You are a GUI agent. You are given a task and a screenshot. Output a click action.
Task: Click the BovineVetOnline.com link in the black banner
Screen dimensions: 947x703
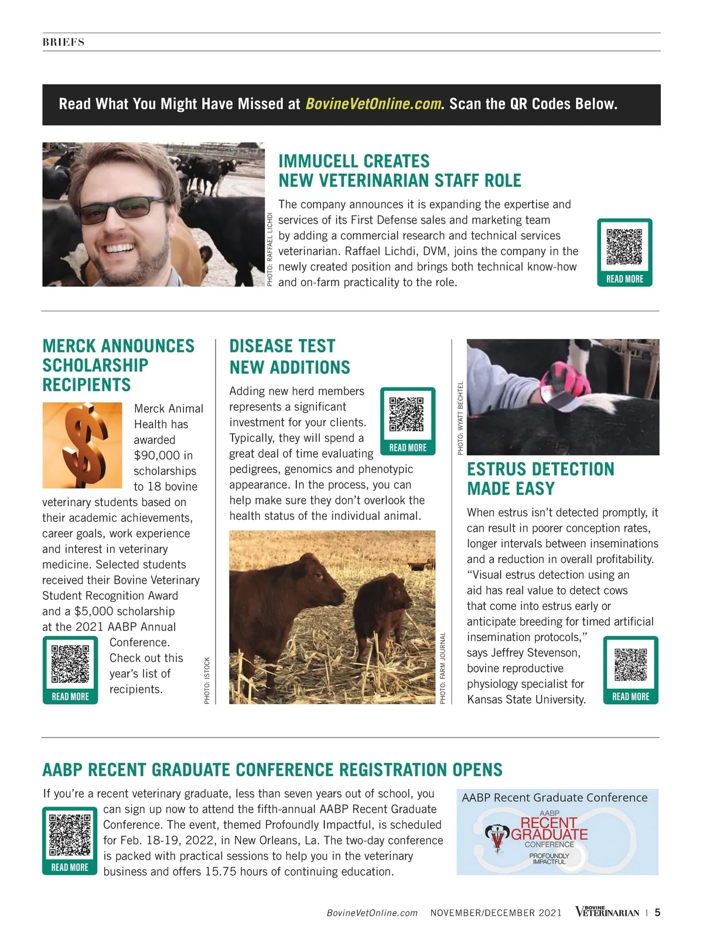373,104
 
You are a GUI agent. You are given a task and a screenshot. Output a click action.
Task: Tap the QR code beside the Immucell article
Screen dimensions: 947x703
624,246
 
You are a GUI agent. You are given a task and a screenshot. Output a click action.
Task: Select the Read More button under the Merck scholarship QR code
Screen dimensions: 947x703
70,696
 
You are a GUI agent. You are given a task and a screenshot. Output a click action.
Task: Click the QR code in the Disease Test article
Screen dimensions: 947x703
407,414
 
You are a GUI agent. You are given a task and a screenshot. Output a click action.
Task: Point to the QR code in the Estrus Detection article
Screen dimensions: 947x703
631,664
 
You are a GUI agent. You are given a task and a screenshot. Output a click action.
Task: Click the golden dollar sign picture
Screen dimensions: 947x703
82,445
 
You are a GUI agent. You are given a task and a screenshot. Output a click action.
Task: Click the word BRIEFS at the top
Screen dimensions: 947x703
63,42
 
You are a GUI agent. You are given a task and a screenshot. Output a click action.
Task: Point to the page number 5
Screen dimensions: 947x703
657,912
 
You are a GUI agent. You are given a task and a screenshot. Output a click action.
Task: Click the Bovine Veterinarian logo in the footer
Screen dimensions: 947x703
607,912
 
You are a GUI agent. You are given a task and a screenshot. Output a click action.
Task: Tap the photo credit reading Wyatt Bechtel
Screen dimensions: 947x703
460,418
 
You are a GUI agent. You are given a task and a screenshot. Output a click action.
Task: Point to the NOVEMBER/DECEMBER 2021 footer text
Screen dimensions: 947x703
496,912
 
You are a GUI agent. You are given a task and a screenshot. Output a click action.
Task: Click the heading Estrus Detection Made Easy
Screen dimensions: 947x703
540,479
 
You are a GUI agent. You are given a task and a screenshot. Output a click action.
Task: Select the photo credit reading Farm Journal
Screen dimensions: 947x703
443,668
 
